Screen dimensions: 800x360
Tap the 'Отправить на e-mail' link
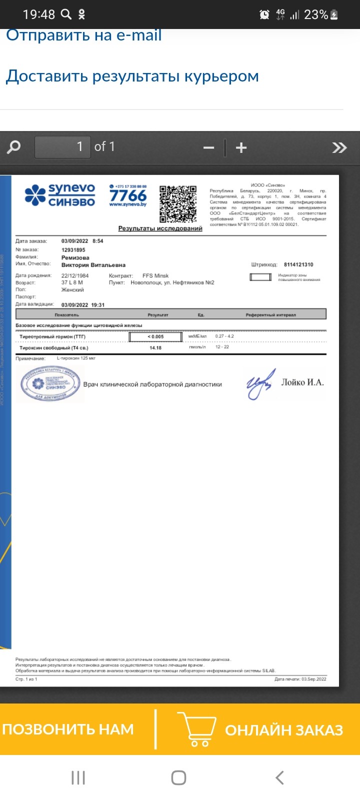[83, 35]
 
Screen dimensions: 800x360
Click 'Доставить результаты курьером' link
[132, 76]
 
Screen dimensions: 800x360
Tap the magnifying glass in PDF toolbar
[14, 147]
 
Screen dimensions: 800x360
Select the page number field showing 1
[62, 147]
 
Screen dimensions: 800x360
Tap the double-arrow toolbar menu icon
[339, 147]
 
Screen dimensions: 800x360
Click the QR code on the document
[177, 204]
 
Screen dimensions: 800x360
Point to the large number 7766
[128, 195]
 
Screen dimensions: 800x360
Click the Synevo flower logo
[35, 195]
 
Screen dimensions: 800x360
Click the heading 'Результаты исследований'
[160, 228]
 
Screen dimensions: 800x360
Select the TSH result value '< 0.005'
[155, 336]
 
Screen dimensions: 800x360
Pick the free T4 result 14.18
[155, 347]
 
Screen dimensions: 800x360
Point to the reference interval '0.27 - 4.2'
[224, 336]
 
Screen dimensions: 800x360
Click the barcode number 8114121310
[298, 264]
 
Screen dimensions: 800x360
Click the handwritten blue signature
[260, 384]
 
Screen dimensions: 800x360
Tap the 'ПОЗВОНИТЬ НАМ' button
[68, 729]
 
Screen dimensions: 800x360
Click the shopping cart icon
[199, 729]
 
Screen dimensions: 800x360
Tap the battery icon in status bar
[334, 15]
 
